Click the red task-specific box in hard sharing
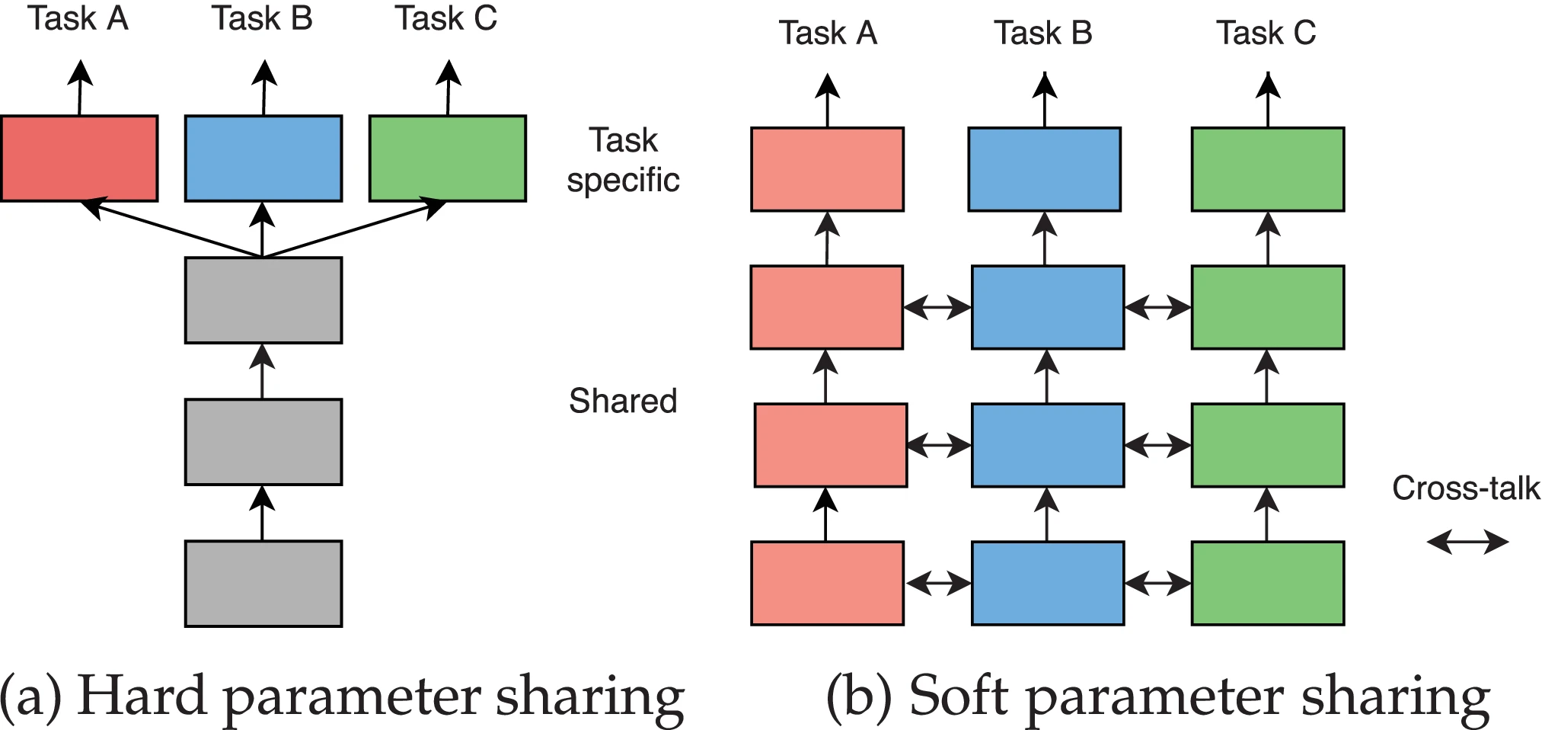[79, 158]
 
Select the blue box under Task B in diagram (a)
[263, 158]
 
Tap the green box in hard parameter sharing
[448, 158]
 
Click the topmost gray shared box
[263, 300]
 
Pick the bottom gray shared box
[263, 584]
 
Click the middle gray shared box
[263, 442]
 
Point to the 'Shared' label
[623, 402]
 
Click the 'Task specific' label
[623, 161]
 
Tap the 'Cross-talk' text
[1465, 488]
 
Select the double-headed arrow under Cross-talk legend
[1467, 543]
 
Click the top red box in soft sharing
[827, 169]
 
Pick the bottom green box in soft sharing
[1267, 584]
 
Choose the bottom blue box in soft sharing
[1047, 584]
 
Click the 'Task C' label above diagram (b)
[1266, 34]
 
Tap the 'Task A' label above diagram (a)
[78, 19]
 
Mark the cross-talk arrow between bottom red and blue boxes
[938, 584]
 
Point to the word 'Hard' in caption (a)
[142, 696]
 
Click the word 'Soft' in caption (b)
[959, 696]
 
